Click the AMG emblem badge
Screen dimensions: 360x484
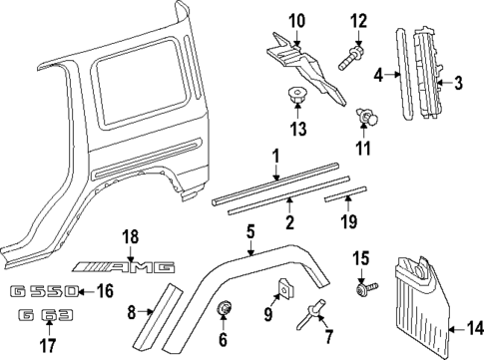[130, 267]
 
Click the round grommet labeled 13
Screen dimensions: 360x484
[296, 98]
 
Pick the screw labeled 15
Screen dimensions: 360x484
[364, 289]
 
